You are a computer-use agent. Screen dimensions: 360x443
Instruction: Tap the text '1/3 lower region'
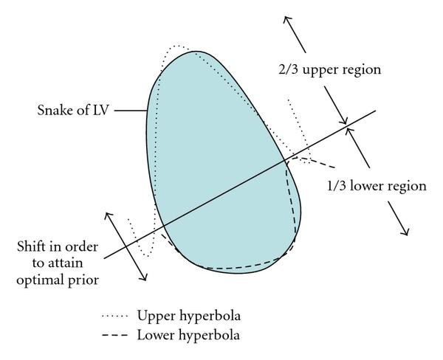tap(377, 186)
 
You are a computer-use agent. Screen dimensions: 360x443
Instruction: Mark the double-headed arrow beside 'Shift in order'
tap(127, 246)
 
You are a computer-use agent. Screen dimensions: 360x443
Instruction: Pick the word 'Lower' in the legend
tap(153, 334)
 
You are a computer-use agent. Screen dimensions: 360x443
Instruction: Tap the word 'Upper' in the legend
tap(153, 316)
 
